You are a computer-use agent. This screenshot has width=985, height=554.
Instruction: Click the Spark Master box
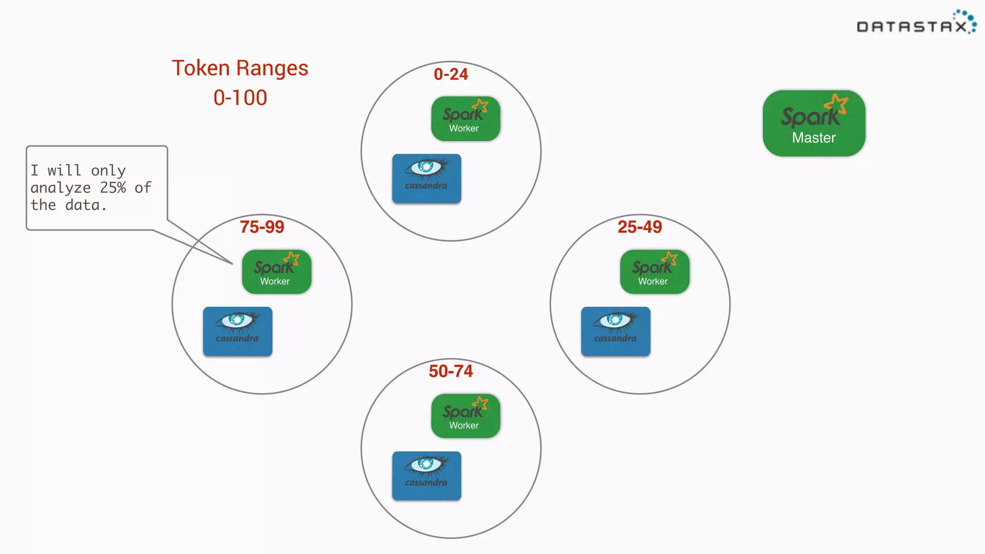[814, 124]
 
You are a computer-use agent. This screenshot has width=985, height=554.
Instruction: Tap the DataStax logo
[916, 24]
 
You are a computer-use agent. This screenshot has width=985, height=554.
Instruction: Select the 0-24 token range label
[451, 74]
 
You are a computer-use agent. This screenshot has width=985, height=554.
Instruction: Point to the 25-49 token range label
[640, 227]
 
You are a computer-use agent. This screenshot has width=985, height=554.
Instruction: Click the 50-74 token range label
[451, 371]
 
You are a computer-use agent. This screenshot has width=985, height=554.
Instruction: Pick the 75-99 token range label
[262, 227]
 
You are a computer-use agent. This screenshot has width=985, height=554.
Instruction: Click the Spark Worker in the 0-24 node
[466, 119]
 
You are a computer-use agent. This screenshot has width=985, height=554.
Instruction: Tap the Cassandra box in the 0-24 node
[427, 178]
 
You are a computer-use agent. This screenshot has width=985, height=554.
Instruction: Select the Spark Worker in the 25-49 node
[655, 272]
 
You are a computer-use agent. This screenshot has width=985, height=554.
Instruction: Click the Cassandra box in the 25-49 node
[616, 331]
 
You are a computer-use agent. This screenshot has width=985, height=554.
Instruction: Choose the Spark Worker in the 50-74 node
[466, 416]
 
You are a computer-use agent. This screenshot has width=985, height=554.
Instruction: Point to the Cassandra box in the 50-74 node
[427, 476]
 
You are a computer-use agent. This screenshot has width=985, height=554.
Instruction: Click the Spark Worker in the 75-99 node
[277, 272]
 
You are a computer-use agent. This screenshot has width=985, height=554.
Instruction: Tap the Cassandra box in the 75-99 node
[238, 331]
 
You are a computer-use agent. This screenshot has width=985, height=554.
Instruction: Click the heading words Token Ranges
[240, 68]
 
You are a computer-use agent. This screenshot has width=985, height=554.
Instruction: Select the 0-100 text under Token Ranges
[240, 98]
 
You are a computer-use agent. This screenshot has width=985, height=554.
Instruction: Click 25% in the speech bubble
[113, 188]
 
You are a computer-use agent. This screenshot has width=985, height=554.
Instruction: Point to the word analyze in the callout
[61, 188]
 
